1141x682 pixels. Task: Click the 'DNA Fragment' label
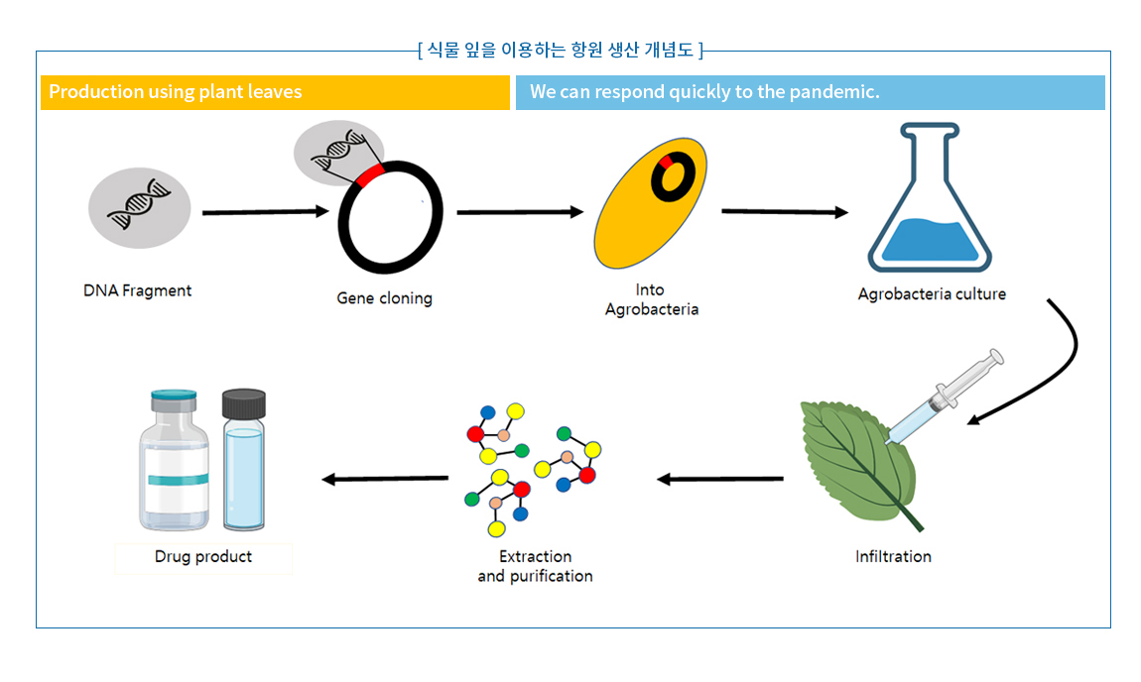pos(137,290)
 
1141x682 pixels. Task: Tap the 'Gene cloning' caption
pos(384,298)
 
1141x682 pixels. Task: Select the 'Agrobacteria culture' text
pos(932,293)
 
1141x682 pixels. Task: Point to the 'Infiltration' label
pos(893,556)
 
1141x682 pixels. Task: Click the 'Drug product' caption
pos(203,556)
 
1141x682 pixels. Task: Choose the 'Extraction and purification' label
pos(535,566)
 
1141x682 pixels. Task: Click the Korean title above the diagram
pos(561,50)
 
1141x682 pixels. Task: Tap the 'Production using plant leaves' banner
pos(275,92)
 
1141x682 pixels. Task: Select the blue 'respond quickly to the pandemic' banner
pos(810,92)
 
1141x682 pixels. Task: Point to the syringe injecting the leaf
pos(943,397)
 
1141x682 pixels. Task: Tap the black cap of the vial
pos(244,402)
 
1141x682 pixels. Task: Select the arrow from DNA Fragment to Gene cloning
pos(265,212)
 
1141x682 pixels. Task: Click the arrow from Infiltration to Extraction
pos(719,480)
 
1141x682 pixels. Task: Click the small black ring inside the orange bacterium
pos(673,176)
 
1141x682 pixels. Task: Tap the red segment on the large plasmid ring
pos(370,176)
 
